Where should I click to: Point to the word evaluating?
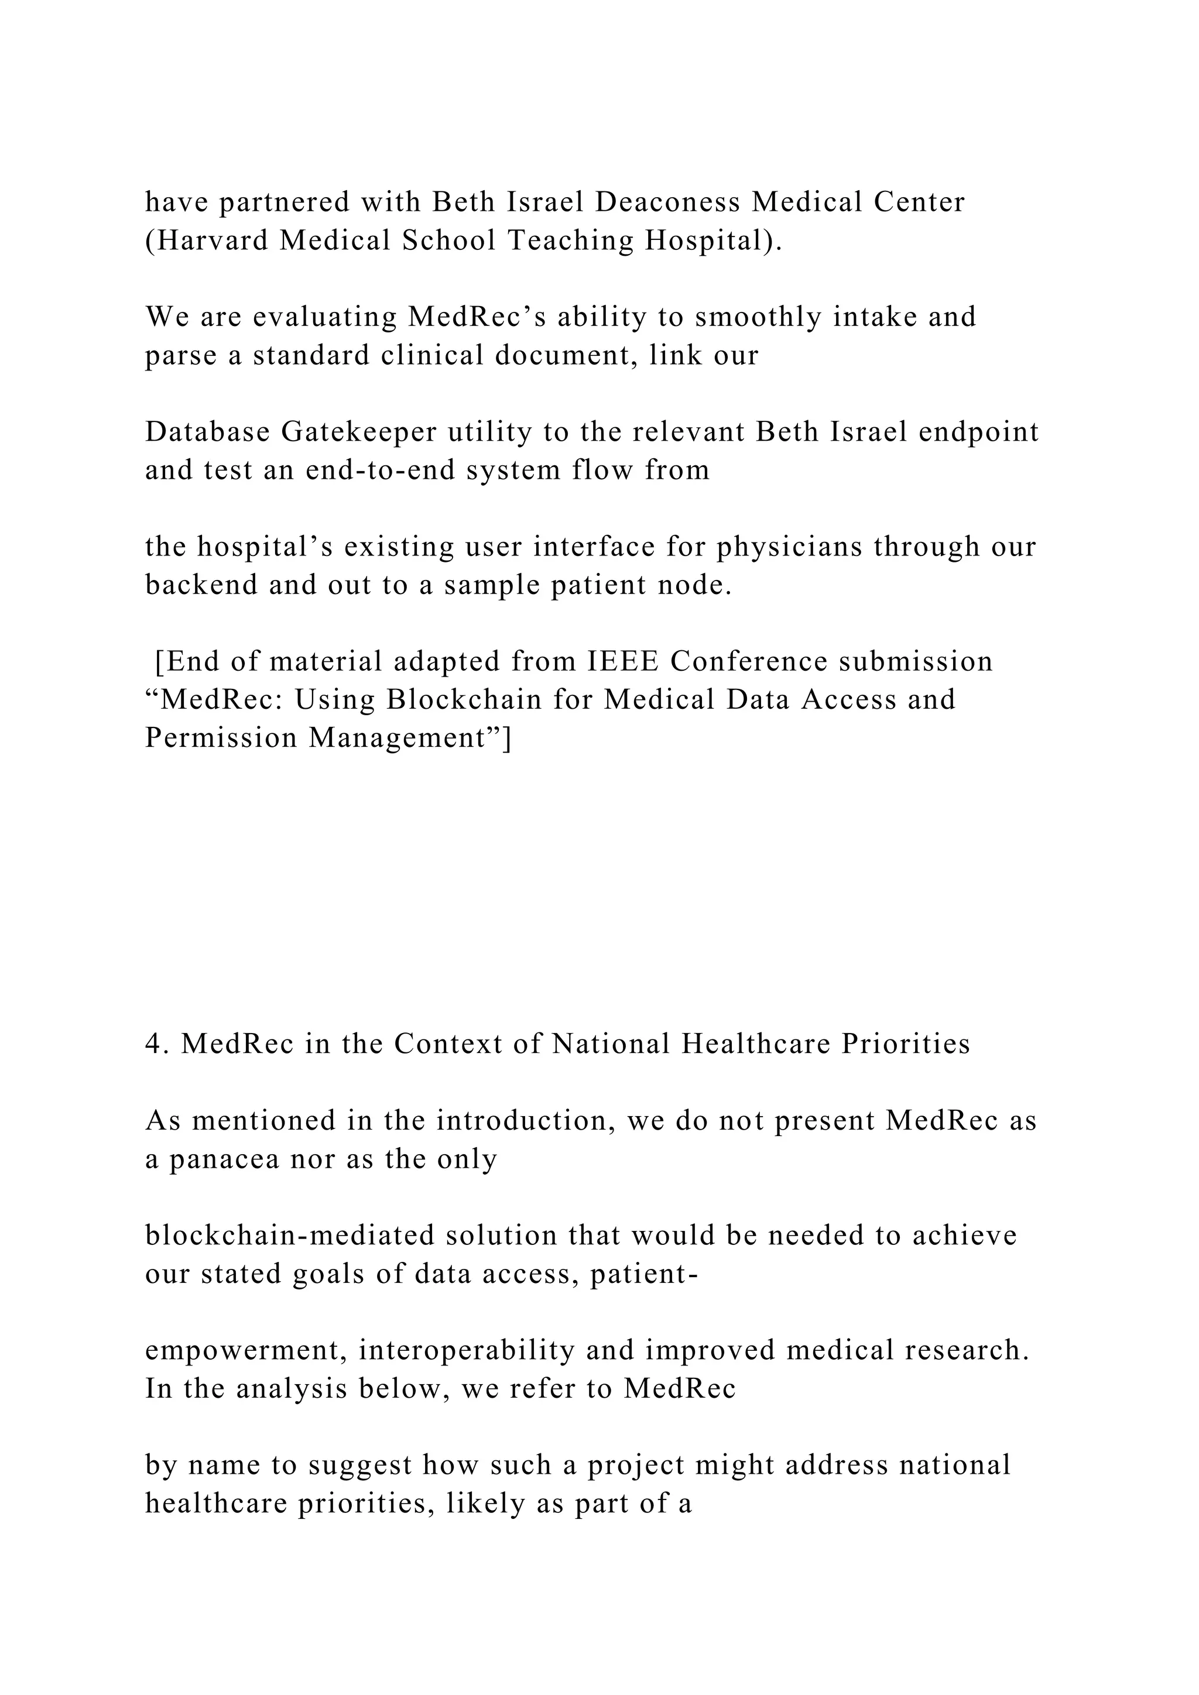point(326,317)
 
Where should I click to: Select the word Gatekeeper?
point(359,432)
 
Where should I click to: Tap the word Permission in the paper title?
point(221,737)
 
